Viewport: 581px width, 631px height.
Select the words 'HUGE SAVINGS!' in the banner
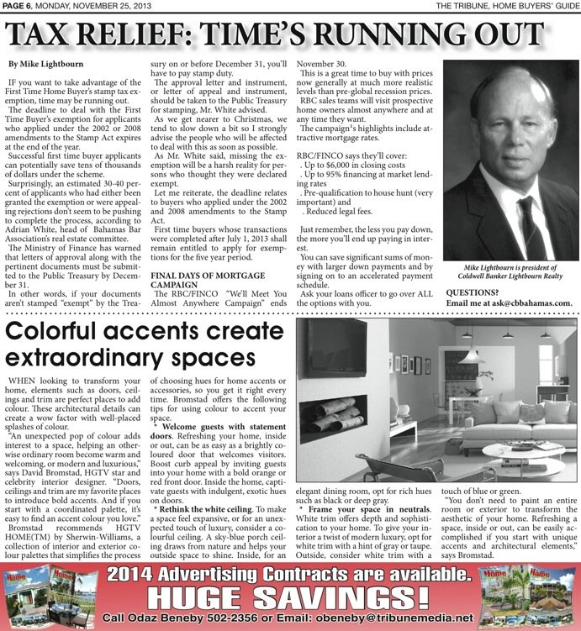pyautogui.click(x=291, y=595)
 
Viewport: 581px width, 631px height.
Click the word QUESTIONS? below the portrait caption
pyautogui.click(x=479, y=292)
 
